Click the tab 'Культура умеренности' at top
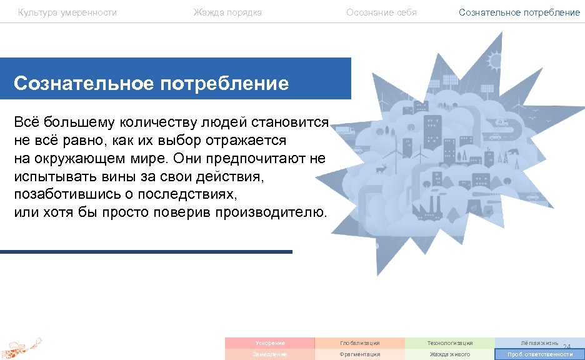click(67, 12)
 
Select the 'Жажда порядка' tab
click(227, 12)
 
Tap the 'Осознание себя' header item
click(381, 12)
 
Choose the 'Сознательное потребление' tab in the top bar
click(519, 12)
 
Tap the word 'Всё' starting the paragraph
click(26, 122)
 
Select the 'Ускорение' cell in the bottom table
click(269, 343)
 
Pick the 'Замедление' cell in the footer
click(269, 354)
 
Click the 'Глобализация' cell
click(359, 343)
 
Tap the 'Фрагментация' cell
click(359, 354)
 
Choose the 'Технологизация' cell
click(449, 343)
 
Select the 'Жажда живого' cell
click(449, 354)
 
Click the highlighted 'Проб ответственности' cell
click(539, 354)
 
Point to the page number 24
click(567, 347)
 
